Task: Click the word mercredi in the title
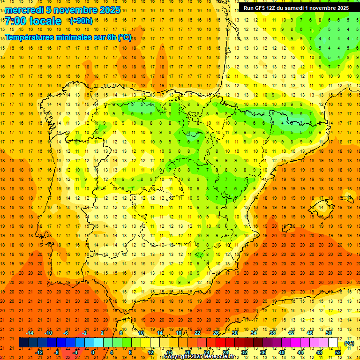coord(24,10)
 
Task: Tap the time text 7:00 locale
coord(33,21)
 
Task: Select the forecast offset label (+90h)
coord(81,21)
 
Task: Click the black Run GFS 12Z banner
coord(296,8)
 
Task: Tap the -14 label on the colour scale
coord(30,333)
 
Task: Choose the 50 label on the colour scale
coord(328,333)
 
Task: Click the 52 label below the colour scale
coord(337,352)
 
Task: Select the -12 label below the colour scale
coord(39,352)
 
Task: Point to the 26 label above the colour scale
coord(216,333)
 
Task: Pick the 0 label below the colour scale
coord(93,352)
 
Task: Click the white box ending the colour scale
coord(333,343)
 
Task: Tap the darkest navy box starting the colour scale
coord(23,343)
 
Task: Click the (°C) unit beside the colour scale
coord(349,343)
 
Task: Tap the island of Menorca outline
coord(347,199)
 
